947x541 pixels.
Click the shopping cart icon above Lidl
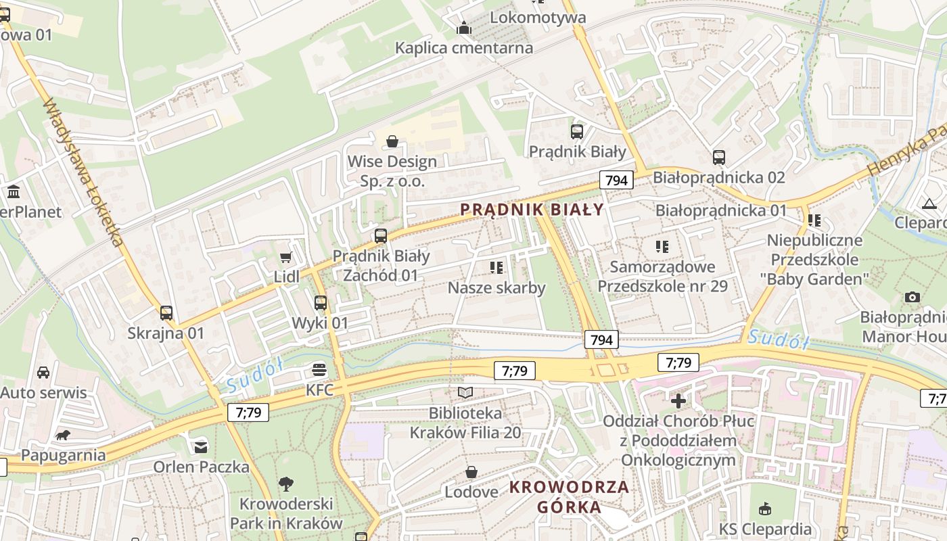tap(285, 257)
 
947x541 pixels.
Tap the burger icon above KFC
tap(319, 370)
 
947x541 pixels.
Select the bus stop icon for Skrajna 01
tap(166, 313)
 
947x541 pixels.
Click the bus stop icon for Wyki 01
tap(321, 303)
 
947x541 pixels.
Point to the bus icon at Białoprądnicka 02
tap(718, 158)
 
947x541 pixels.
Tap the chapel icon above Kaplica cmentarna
tap(464, 28)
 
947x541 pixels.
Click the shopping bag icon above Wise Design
tap(392, 141)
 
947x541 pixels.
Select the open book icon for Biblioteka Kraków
tap(465, 392)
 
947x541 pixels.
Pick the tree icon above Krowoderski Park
tap(286, 484)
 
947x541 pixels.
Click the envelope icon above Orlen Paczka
tap(201, 446)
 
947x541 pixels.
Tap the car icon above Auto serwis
tap(43, 373)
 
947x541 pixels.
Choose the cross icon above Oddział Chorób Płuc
tap(678, 401)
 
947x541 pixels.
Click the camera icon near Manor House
tap(912, 297)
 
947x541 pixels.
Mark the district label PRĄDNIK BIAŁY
tap(532, 210)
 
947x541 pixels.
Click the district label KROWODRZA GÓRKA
tap(569, 497)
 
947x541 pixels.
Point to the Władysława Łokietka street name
tap(85, 172)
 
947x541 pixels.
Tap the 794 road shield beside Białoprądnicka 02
tap(616, 180)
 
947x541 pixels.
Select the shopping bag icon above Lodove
tap(471, 472)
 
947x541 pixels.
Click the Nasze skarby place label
tap(496, 288)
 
